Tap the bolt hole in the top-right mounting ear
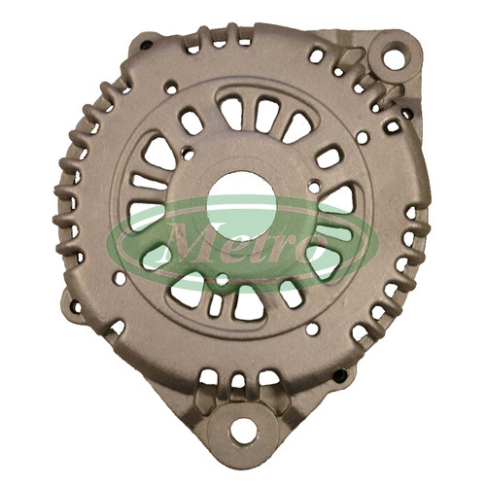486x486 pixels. click(395, 57)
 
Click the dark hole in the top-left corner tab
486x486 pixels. click(146, 45)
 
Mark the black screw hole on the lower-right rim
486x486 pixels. click(340, 376)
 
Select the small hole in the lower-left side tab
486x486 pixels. click(77, 306)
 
